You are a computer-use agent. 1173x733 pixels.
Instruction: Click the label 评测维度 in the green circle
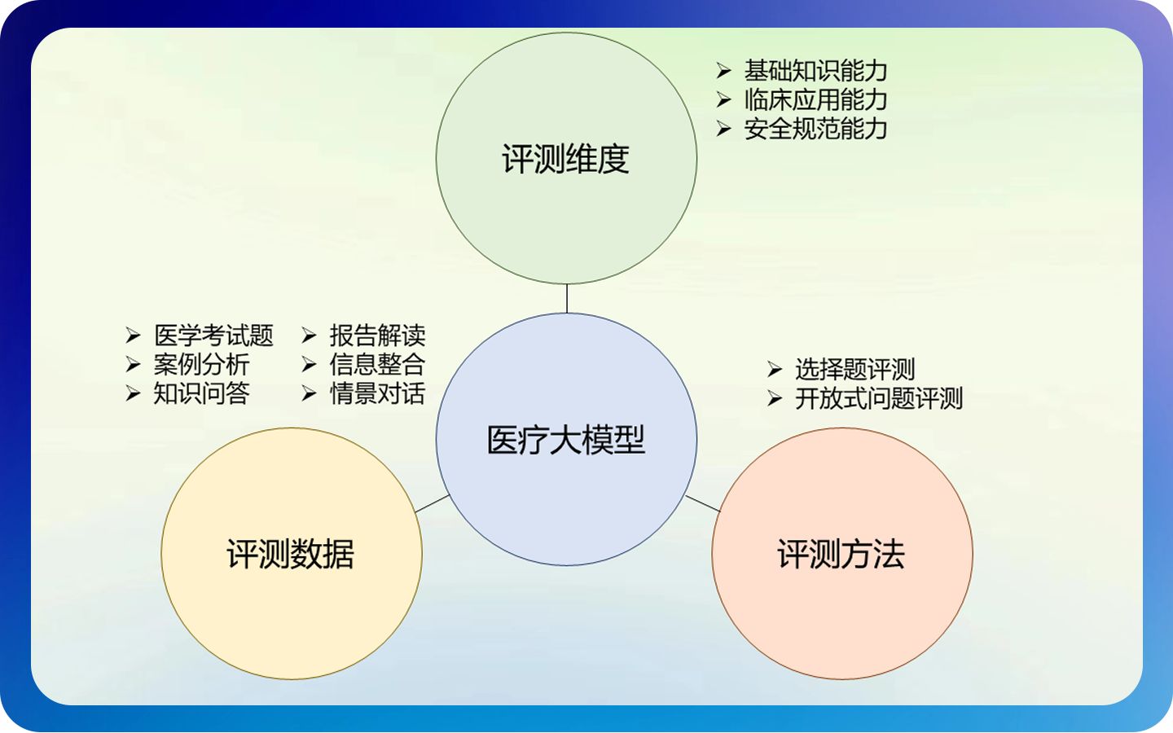565,159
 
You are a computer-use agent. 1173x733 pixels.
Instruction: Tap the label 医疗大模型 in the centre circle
565,441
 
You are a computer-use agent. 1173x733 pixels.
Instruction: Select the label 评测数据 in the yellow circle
291,555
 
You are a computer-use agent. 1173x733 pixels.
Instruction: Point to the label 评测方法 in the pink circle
841,555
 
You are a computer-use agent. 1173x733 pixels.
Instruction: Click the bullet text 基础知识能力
815,71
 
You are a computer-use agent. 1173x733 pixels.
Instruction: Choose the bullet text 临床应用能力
815,100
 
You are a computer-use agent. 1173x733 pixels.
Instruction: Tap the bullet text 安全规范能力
815,129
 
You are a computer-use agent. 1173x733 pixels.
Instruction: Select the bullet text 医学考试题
213,336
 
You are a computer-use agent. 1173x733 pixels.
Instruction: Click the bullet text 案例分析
201,364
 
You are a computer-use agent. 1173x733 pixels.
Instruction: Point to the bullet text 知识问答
201,393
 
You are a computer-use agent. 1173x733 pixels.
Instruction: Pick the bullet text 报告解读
377,336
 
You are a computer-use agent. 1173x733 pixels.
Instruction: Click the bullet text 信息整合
377,364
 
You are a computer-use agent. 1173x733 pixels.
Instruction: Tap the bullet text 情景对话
377,393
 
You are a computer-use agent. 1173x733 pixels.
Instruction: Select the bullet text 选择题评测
855,370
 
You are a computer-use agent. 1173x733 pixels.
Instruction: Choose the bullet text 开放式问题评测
879,399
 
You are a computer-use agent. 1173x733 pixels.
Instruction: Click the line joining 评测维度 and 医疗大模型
567,299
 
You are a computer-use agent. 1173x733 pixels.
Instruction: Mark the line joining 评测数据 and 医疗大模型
433,503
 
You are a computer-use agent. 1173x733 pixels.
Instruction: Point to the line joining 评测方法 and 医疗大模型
703,503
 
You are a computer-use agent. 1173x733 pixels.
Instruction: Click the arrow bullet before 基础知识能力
723,71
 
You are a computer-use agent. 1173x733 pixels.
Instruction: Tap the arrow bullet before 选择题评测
775,370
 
